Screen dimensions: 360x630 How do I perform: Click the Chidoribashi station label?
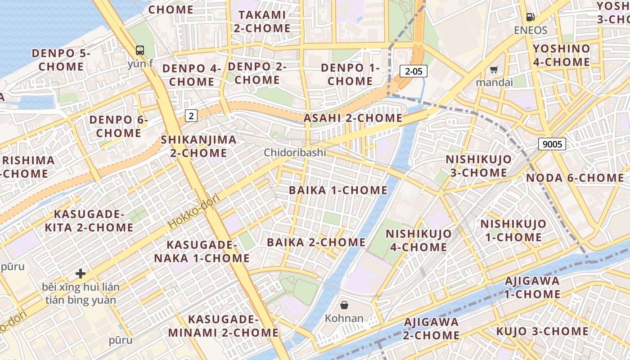point(295,153)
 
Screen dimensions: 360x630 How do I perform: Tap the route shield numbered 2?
point(191,116)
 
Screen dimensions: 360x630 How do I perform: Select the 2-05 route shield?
point(414,71)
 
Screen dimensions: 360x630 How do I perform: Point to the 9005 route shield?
point(552,144)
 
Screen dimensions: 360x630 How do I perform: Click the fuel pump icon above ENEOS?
point(531,18)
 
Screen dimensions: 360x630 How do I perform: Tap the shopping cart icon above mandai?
point(494,69)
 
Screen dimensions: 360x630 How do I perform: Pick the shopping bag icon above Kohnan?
point(344,305)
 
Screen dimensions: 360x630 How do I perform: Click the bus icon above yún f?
point(140,50)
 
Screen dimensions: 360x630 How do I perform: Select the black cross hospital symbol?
point(81,273)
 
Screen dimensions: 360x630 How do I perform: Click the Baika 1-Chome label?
point(338,190)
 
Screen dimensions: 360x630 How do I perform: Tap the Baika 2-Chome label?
point(316,242)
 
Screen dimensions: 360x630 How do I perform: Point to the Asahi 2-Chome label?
point(353,118)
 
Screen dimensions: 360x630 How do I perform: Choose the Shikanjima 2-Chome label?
point(198,146)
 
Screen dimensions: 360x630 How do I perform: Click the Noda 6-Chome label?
point(575,178)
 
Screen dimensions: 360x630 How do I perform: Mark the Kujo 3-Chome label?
point(542,331)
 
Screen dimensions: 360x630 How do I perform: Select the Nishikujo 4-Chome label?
point(418,240)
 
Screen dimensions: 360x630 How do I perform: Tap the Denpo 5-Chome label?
point(61,60)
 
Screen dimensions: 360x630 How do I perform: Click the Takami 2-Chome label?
point(262,21)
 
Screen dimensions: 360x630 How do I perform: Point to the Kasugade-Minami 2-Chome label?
point(223,326)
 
